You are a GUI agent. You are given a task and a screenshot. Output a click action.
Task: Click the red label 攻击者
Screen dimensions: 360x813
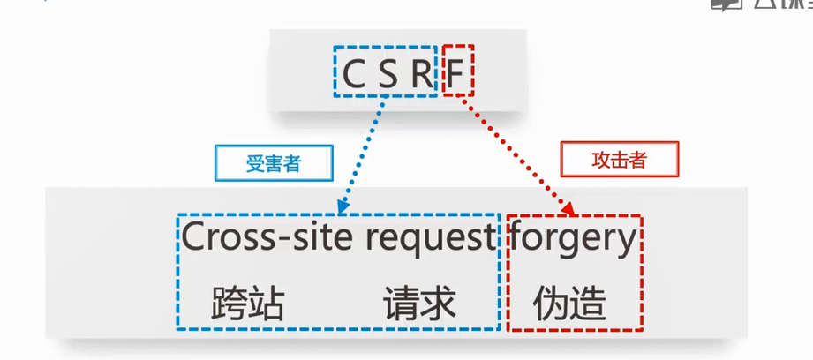click(x=619, y=160)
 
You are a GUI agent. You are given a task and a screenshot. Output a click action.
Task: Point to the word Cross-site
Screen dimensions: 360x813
click(x=257, y=237)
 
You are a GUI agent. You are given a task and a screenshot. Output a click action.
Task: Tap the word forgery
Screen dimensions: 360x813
click(x=573, y=239)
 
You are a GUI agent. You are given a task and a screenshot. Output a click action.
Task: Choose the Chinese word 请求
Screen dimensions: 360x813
click(x=419, y=304)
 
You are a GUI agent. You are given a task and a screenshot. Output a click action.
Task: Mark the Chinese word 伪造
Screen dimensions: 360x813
click(x=569, y=304)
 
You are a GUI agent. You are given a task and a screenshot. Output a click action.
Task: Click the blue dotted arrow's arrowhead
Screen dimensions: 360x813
click(x=341, y=209)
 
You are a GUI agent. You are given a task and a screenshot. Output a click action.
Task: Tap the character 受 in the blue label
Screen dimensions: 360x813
click(x=254, y=163)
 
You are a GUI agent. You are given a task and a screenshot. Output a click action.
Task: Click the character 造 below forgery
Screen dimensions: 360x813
click(x=588, y=304)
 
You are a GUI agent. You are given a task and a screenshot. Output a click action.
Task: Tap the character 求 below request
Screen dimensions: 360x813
click(x=438, y=304)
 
